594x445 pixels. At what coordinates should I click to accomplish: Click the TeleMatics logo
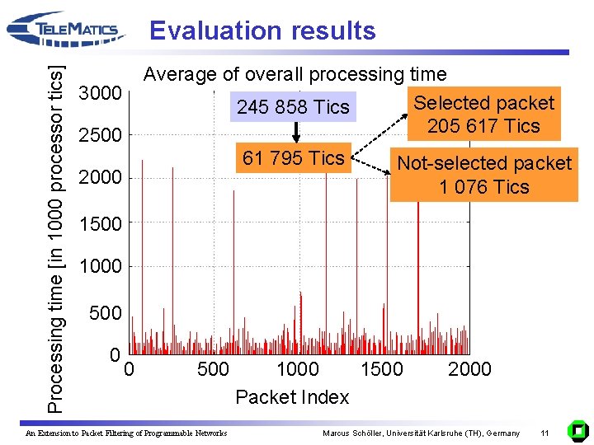click(x=66, y=30)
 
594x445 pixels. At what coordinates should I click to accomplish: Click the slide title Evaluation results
click(x=262, y=30)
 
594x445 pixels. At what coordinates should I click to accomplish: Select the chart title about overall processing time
click(x=295, y=74)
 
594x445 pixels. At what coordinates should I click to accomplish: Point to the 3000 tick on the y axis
click(x=100, y=92)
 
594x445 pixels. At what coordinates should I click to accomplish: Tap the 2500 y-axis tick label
click(x=100, y=135)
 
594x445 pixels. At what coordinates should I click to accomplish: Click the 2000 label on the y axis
click(x=100, y=178)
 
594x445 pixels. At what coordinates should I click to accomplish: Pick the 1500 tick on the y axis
click(x=100, y=223)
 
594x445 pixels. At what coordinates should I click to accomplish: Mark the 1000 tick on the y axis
click(x=100, y=266)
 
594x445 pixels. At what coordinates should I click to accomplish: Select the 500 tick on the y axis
click(x=105, y=313)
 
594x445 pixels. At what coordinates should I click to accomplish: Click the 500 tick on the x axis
click(x=213, y=369)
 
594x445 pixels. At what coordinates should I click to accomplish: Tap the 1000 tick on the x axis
click(x=297, y=369)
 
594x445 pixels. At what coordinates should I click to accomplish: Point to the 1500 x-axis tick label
click(x=382, y=369)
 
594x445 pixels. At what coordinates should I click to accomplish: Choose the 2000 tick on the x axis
click(x=469, y=369)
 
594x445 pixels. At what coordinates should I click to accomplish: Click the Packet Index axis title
click(x=292, y=397)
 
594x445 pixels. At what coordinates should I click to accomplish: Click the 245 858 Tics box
click(x=293, y=107)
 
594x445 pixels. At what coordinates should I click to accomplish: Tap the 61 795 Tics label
click(x=293, y=157)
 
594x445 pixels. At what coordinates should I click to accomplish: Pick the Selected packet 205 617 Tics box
click(x=483, y=115)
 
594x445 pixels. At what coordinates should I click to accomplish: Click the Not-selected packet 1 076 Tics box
click(x=483, y=175)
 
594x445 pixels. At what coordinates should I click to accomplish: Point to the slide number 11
click(x=544, y=433)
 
